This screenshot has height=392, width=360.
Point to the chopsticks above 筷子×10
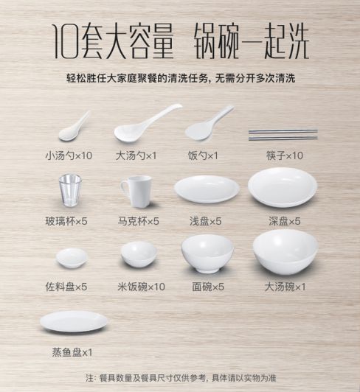pos(283,135)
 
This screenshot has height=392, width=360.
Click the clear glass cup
pos(70,191)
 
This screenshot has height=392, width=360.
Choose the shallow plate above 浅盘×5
pos(207,189)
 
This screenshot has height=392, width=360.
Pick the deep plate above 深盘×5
pos(283,187)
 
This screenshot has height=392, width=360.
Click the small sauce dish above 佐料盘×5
pos(72,258)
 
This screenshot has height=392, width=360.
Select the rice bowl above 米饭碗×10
pos(139,254)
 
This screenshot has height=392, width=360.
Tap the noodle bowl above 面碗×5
pos(207,253)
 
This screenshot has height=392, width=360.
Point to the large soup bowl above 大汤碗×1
pos(285,253)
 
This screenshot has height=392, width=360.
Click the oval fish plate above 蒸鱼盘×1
pos(74,321)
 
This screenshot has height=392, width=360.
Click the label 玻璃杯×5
pos(66,221)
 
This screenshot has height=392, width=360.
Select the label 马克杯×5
pos(139,221)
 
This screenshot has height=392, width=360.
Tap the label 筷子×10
pos(285,155)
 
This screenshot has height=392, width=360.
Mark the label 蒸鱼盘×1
pos(72,352)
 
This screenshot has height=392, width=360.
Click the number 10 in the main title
pos(66,41)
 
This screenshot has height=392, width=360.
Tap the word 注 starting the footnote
pos(89,378)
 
